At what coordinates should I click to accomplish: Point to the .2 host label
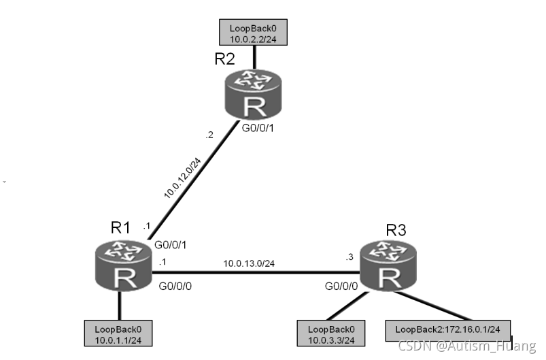pyautogui.click(x=209, y=135)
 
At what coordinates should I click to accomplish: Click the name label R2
pyautogui.click(x=224, y=59)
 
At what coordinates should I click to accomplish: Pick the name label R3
pyautogui.click(x=396, y=230)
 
